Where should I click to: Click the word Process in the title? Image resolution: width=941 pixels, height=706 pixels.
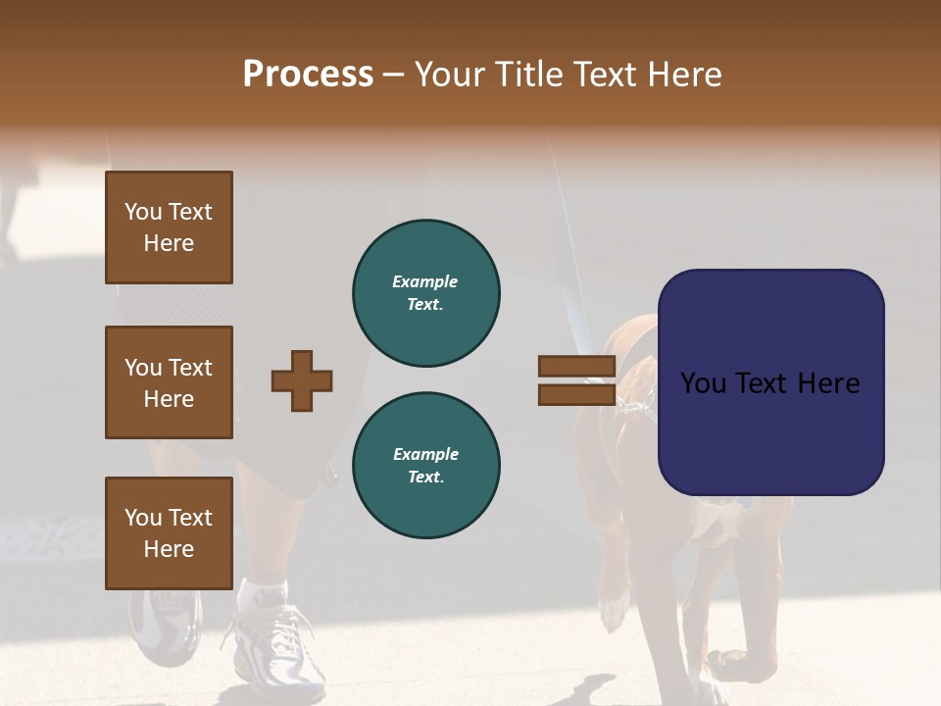coord(308,75)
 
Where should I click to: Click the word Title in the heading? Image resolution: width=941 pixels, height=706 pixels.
coord(525,75)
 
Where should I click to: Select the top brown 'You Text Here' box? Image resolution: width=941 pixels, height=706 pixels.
coord(169,227)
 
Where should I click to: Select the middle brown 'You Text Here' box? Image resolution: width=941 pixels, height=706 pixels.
coord(169,382)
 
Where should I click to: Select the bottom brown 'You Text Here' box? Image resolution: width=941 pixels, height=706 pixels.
coord(169,532)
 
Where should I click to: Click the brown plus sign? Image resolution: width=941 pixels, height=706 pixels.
coord(302,380)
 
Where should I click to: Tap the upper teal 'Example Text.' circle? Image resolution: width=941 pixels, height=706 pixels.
coord(426,292)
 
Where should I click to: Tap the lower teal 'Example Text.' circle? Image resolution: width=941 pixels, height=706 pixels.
coord(426,465)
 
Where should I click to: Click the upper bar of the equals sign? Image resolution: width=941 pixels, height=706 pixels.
coord(576,366)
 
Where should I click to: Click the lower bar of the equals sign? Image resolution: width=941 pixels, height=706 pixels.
coord(576,394)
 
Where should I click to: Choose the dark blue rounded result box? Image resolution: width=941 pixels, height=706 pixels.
coord(770,381)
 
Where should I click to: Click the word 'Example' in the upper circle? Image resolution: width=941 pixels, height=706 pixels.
coord(424,281)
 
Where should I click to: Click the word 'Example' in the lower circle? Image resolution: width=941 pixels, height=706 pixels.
coord(425,454)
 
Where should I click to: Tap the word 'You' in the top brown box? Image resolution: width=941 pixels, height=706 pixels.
coord(143,212)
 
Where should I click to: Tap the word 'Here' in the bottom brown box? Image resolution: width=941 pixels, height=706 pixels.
coord(169,549)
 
